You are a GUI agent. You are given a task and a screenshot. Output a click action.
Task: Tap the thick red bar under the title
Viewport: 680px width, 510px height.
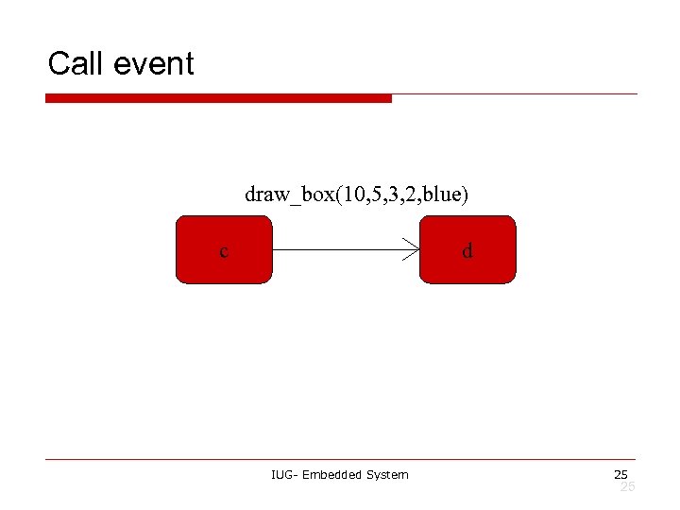[218, 98]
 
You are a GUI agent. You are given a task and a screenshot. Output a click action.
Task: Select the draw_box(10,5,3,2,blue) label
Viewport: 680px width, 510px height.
[356, 195]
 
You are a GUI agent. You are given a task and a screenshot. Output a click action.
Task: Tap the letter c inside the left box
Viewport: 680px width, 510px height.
[223, 251]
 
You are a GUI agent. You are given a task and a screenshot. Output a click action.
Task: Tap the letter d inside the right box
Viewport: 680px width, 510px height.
[467, 251]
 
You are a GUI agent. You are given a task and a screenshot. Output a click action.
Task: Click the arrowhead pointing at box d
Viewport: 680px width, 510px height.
[412, 250]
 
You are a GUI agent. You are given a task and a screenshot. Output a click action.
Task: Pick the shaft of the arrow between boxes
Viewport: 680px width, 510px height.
[340, 250]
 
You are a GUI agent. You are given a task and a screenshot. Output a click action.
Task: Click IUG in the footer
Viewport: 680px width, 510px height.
[281, 474]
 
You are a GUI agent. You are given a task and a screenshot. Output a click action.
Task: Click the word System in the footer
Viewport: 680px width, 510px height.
[390, 474]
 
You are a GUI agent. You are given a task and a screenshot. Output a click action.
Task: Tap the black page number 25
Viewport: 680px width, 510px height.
[620, 474]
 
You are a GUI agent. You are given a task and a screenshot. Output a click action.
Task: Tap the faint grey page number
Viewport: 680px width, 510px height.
[627, 486]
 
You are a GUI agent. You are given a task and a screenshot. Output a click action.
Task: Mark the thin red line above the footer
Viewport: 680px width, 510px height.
[340, 460]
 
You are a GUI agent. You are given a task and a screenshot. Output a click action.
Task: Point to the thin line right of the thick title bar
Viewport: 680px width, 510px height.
[515, 94]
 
